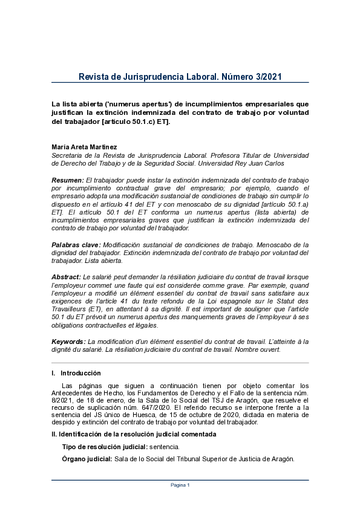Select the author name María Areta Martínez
(84, 147)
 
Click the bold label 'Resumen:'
(68, 180)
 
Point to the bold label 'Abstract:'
(67, 276)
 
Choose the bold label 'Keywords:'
(68, 342)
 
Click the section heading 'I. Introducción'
(76, 373)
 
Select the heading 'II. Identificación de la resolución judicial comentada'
(134, 435)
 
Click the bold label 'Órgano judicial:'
(87, 459)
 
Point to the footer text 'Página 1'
(180, 485)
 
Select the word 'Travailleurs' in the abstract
(70, 308)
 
